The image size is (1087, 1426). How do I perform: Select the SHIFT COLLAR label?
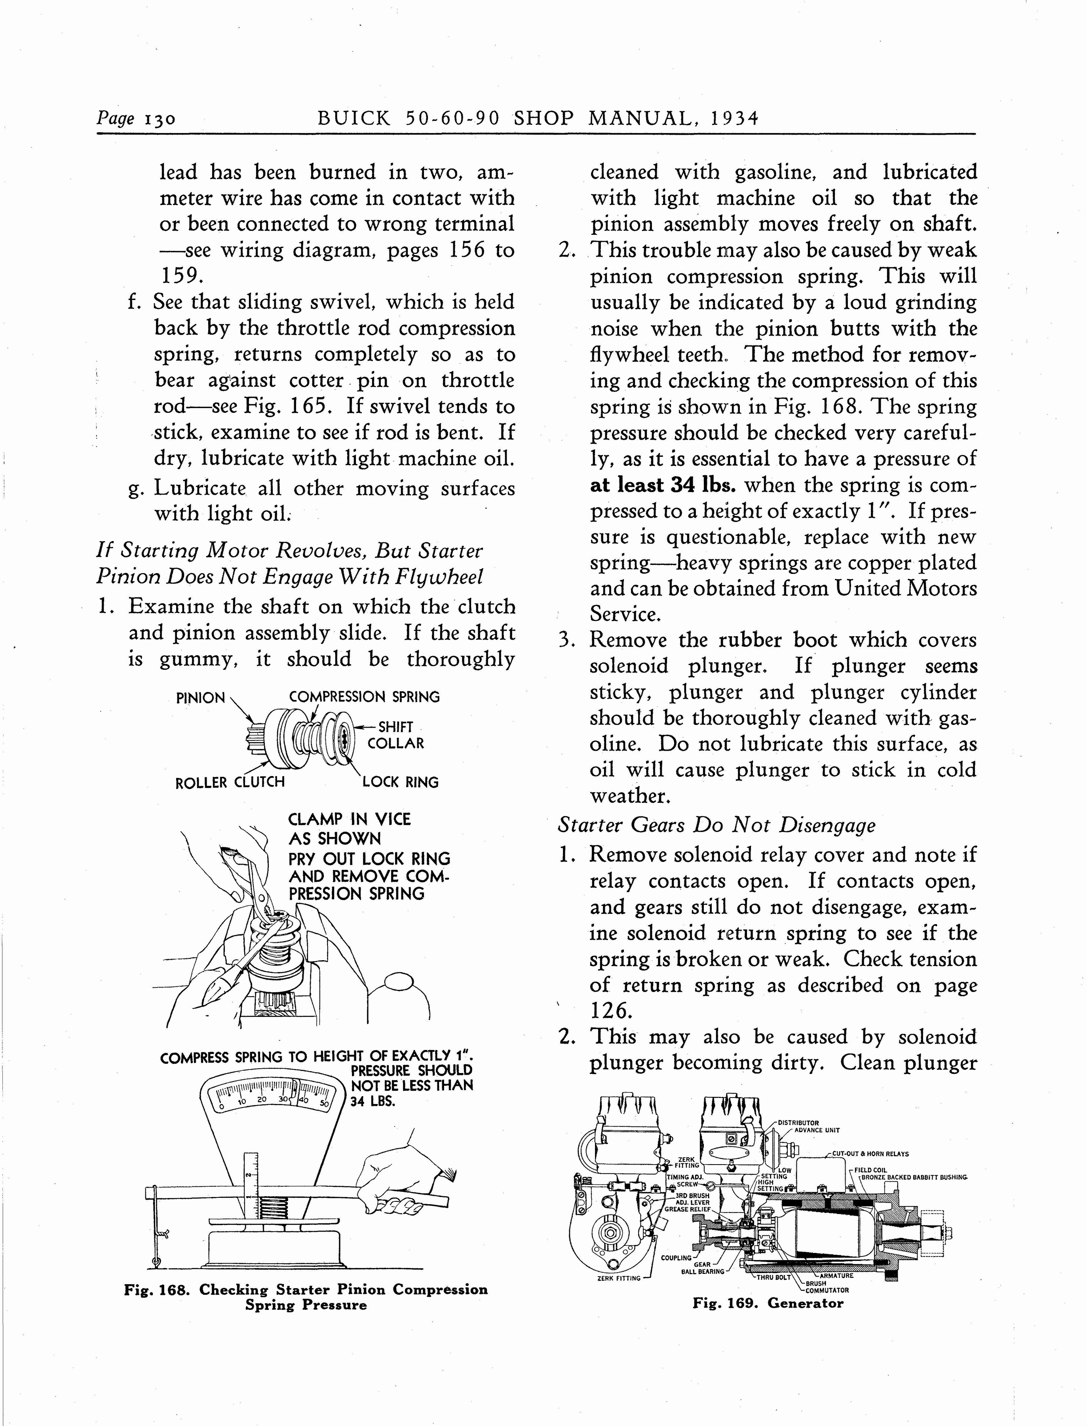[x=395, y=735]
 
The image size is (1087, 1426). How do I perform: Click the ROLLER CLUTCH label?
[x=230, y=782]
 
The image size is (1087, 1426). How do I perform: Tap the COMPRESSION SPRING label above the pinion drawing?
[x=364, y=697]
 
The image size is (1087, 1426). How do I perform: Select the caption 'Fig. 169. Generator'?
[x=768, y=1303]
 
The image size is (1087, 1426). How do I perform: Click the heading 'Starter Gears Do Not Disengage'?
[x=716, y=825]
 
